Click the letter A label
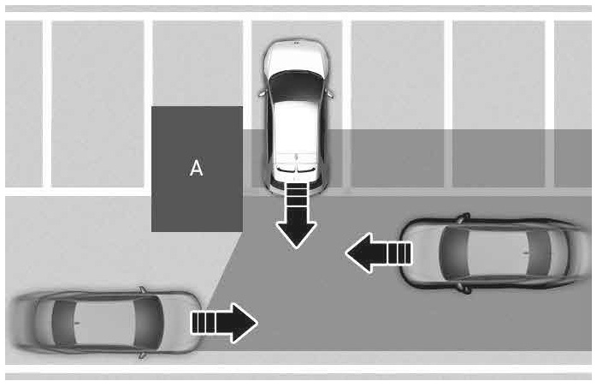pyautogui.click(x=196, y=168)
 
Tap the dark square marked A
pyautogui.click(x=197, y=169)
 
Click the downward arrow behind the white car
pyautogui.click(x=296, y=216)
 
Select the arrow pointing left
pyautogui.click(x=378, y=253)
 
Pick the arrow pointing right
pyautogui.click(x=224, y=323)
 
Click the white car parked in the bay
pyautogui.click(x=296, y=116)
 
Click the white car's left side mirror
pyautogui.click(x=262, y=92)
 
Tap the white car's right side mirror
pyautogui.click(x=330, y=92)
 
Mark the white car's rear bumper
pyautogui.click(x=296, y=187)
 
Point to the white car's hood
pyautogui.click(x=296, y=56)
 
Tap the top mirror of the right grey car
pyautogui.click(x=464, y=218)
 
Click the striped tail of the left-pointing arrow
pyautogui.click(x=399, y=253)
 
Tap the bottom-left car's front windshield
pyautogui.click(x=149, y=323)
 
